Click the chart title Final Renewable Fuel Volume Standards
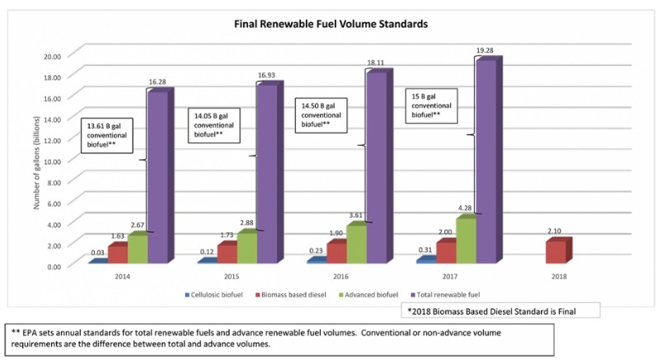point(331,24)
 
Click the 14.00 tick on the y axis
point(54,119)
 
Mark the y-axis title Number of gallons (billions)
point(36,160)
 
